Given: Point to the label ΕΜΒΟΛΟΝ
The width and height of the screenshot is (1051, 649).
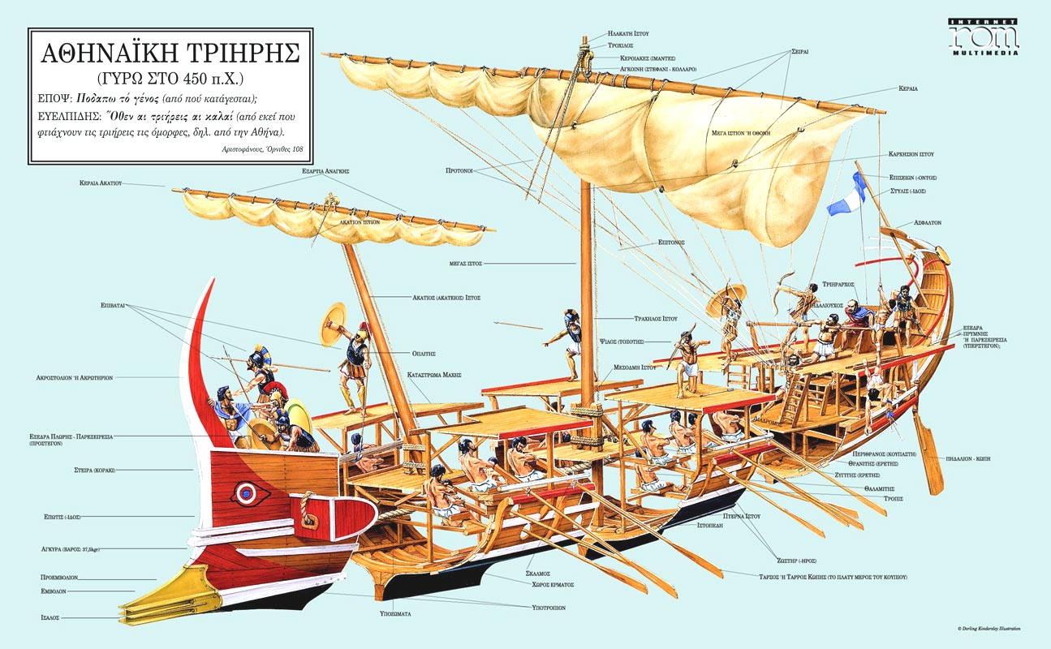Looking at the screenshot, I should (x=54, y=592).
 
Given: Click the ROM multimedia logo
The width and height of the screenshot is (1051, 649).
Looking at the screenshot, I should (x=984, y=36).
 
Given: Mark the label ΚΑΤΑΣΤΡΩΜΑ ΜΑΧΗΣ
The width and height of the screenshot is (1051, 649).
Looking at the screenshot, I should (x=434, y=375).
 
